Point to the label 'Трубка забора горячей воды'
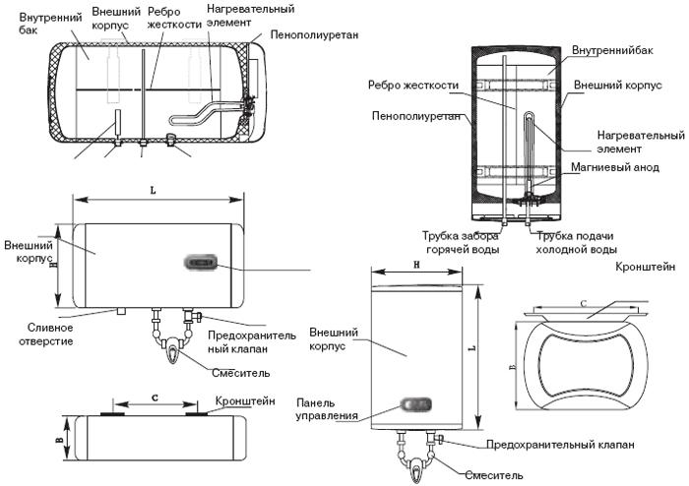[x=461, y=243]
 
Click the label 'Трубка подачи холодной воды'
[x=575, y=243]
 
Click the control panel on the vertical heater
[x=414, y=404]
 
